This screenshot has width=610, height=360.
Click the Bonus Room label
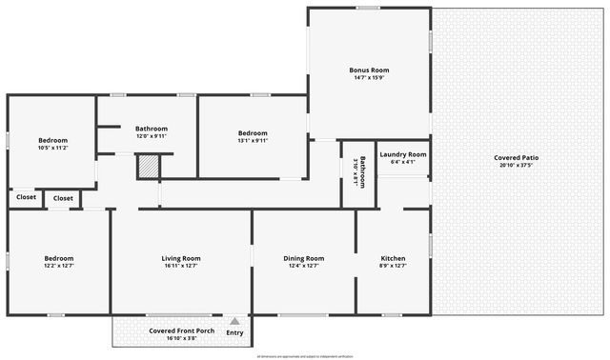(x=368, y=70)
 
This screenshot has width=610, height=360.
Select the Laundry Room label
(x=402, y=154)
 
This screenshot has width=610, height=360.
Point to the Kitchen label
(x=394, y=258)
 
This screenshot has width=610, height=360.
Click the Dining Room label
(x=304, y=258)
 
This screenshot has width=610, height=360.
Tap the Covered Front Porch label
(x=180, y=330)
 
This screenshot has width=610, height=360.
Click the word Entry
(x=234, y=332)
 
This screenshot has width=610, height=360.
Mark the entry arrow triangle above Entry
(x=234, y=322)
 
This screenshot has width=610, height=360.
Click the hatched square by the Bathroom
(x=148, y=166)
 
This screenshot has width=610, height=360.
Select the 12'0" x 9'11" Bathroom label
(x=151, y=129)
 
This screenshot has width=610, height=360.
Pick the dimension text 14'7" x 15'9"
(x=368, y=78)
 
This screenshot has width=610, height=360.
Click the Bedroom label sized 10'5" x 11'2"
(x=52, y=140)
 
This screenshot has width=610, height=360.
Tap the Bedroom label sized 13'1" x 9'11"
(x=253, y=132)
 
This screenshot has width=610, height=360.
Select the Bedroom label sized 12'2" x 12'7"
(x=58, y=258)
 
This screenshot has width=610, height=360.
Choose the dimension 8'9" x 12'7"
(x=394, y=266)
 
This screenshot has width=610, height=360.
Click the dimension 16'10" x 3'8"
(x=180, y=338)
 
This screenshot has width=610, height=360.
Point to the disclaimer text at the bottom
(x=304, y=356)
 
